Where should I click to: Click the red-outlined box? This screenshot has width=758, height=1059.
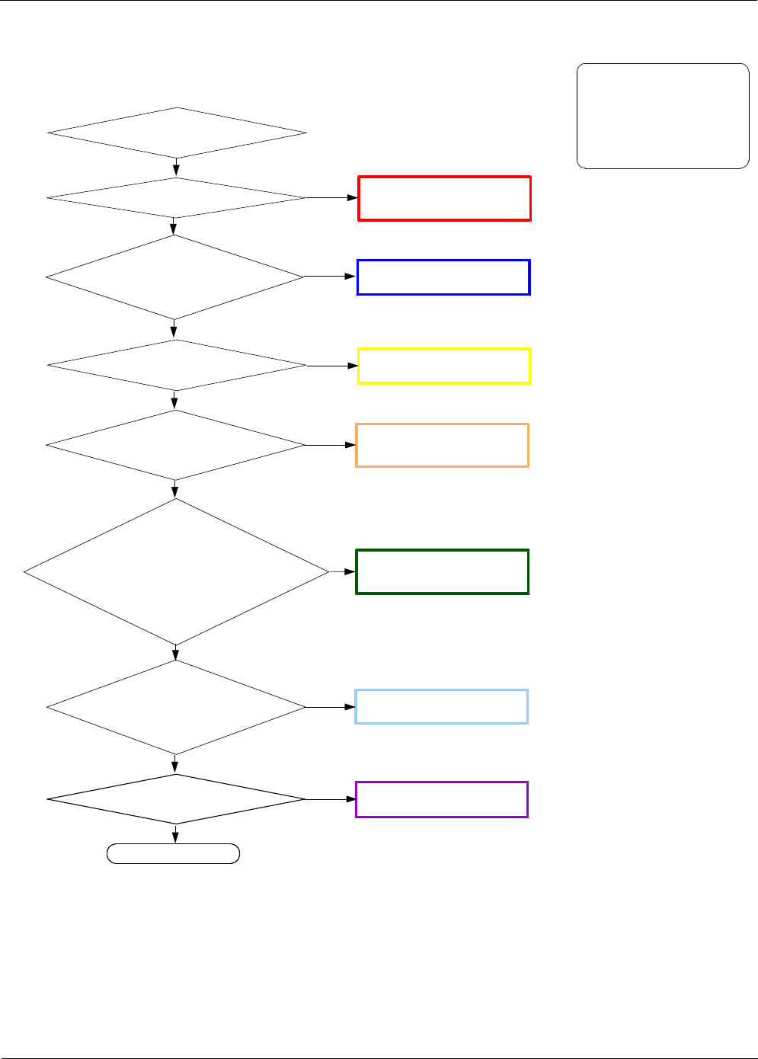pyautogui.click(x=444, y=199)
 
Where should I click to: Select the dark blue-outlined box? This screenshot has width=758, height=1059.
pyautogui.click(x=443, y=277)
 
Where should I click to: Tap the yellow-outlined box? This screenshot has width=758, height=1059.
pyautogui.click(x=444, y=366)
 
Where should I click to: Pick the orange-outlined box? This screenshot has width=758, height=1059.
pyautogui.click(x=442, y=445)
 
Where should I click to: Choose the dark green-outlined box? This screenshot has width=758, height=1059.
pyautogui.click(x=442, y=571)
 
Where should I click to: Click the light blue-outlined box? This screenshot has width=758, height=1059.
pyautogui.click(x=441, y=706)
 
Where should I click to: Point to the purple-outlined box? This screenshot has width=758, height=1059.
pyautogui.click(x=442, y=799)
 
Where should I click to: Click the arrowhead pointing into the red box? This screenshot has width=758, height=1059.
pyautogui.click(x=353, y=198)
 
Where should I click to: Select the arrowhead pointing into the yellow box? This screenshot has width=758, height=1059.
pyautogui.click(x=353, y=366)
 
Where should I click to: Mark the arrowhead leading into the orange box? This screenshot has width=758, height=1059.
pyautogui.click(x=350, y=445)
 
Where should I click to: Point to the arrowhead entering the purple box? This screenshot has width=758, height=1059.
pyautogui.click(x=350, y=799)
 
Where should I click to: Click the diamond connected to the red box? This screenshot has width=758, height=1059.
pyautogui.click(x=176, y=198)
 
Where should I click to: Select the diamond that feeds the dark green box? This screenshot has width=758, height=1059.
pyautogui.click(x=176, y=571)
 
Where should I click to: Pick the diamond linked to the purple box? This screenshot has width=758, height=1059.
pyautogui.click(x=176, y=799)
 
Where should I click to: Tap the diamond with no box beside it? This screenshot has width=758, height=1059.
pyautogui.click(x=177, y=133)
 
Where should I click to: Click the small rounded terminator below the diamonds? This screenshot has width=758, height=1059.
pyautogui.click(x=174, y=853)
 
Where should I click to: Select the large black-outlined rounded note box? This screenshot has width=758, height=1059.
pyautogui.click(x=663, y=116)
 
